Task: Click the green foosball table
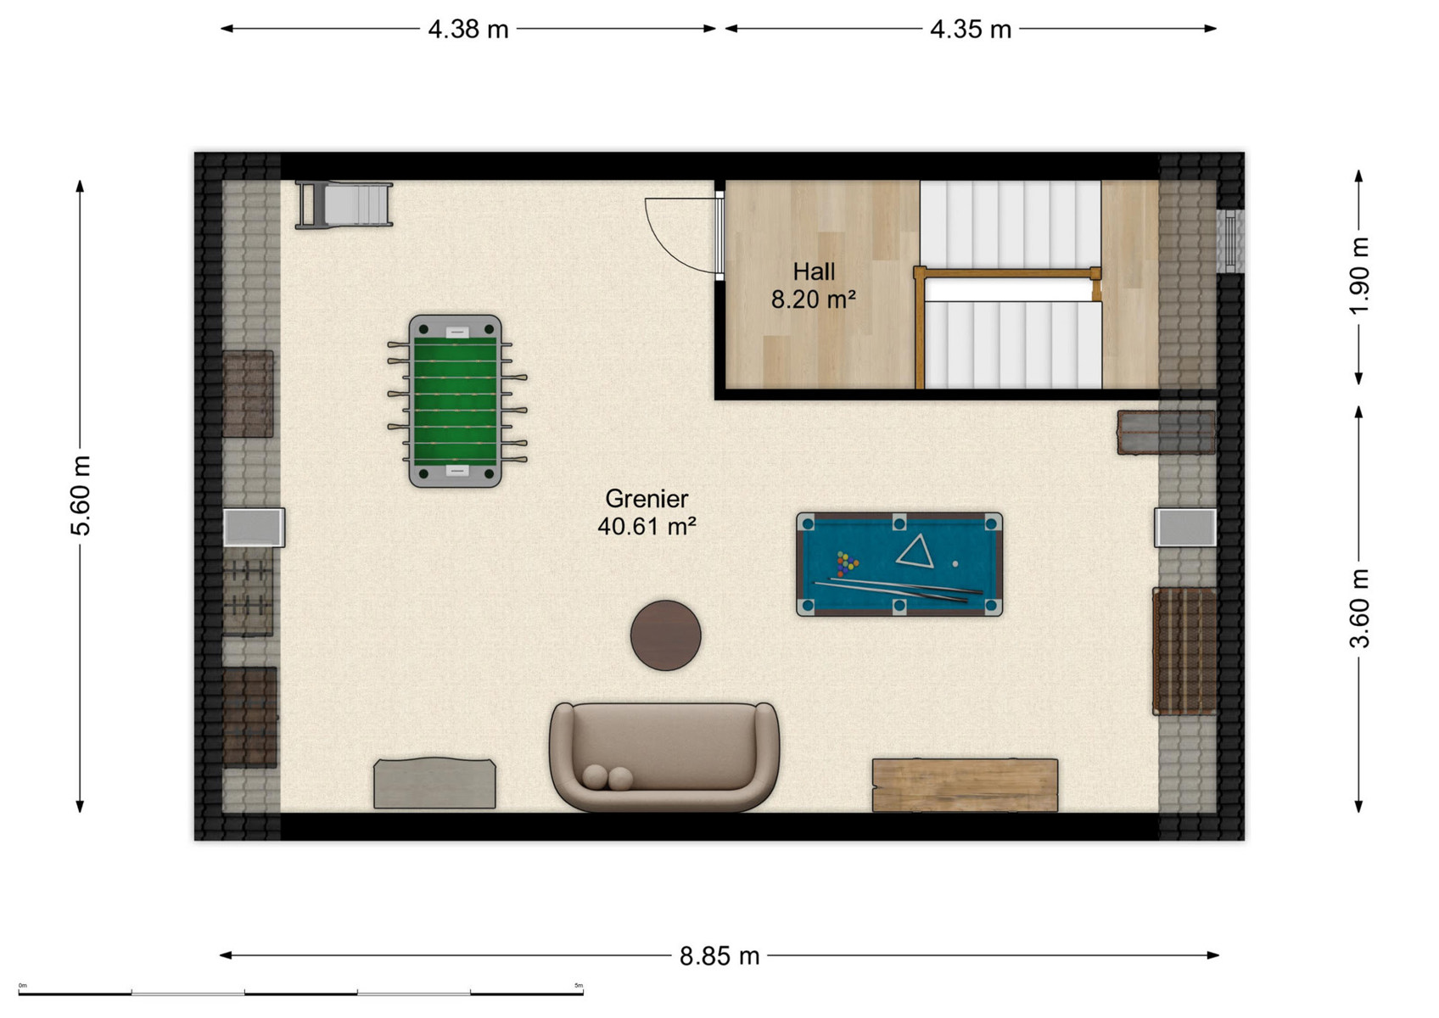coord(456,400)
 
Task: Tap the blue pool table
coord(899,564)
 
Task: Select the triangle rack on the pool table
coord(915,551)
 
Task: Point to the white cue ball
coord(955,564)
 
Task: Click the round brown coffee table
coord(665,635)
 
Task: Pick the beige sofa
coord(664,757)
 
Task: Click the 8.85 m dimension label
coord(719,956)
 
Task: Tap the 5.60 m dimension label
coord(81,495)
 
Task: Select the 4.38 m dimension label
coord(468,30)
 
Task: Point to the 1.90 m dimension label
coord(1358,276)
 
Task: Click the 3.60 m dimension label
coord(1358,608)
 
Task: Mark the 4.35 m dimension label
coord(971,30)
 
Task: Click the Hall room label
coord(814,271)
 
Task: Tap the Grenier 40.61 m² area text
coord(647,512)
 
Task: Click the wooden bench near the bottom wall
coord(965,786)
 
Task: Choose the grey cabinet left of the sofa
coord(435,783)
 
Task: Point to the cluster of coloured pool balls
coord(847,564)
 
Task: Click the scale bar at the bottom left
coord(300,993)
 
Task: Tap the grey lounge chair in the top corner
coord(344,204)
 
